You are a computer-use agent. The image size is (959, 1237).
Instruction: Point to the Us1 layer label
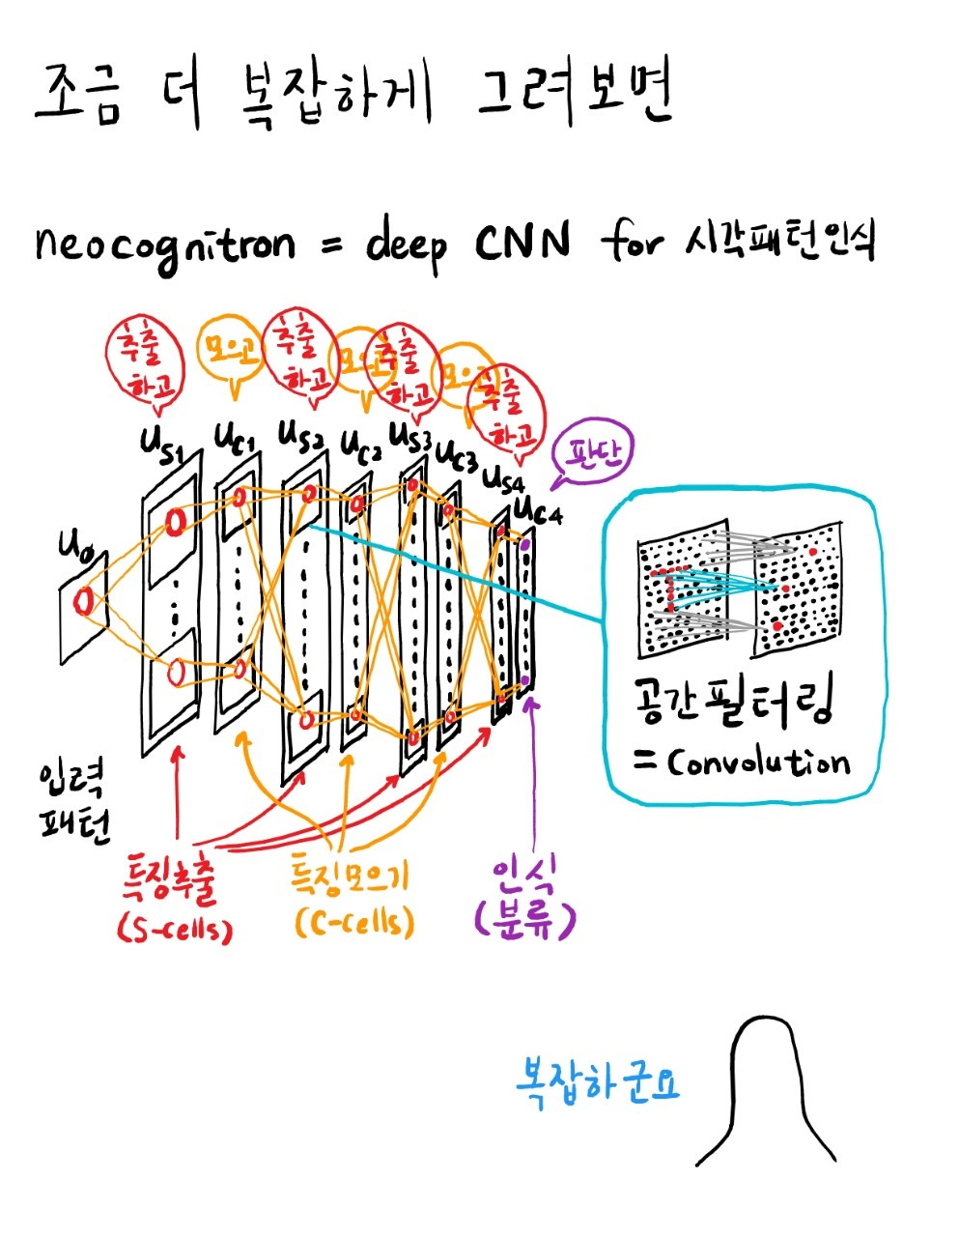164,446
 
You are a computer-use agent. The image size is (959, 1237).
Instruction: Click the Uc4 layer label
538,509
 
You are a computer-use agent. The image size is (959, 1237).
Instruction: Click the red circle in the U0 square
86,601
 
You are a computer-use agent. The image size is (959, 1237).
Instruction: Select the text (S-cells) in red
175,929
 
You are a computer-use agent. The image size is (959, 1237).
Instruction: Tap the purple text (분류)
524,919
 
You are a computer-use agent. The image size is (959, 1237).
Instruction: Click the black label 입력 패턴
73,803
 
